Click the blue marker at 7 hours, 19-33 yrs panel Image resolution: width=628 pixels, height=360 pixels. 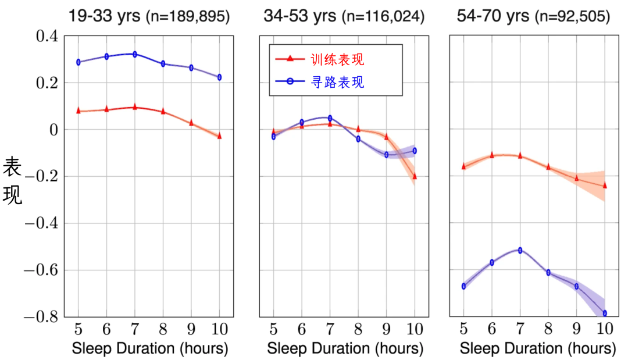(x=134, y=54)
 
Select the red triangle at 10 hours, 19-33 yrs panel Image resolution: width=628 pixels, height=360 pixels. (x=219, y=136)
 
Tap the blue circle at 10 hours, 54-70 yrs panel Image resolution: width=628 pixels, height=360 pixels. (x=605, y=313)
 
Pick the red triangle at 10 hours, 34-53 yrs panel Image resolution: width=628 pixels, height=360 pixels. (x=415, y=176)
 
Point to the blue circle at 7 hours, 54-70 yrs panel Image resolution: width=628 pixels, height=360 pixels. (x=520, y=250)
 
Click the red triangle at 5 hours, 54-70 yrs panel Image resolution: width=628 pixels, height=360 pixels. (x=464, y=166)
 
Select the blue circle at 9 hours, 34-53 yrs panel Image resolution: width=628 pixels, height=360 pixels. (x=387, y=155)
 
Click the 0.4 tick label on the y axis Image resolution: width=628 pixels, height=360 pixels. (x=47, y=36)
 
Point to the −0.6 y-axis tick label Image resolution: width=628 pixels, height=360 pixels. (x=42, y=270)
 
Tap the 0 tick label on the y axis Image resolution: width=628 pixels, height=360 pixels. (x=53, y=129)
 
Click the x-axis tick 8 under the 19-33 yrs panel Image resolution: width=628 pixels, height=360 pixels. (x=163, y=329)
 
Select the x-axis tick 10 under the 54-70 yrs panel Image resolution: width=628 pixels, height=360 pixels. (x=605, y=329)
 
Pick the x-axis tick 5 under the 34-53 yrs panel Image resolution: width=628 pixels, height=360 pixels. (x=273, y=329)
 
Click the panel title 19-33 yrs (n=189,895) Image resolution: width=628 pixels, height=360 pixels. (x=149, y=16)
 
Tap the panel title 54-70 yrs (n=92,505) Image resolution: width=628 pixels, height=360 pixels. (x=533, y=16)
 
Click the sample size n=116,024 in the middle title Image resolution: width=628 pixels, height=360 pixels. (x=383, y=17)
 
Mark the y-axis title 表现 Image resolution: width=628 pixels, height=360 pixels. (x=12, y=181)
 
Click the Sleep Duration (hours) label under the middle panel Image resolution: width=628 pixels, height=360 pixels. (x=345, y=348)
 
